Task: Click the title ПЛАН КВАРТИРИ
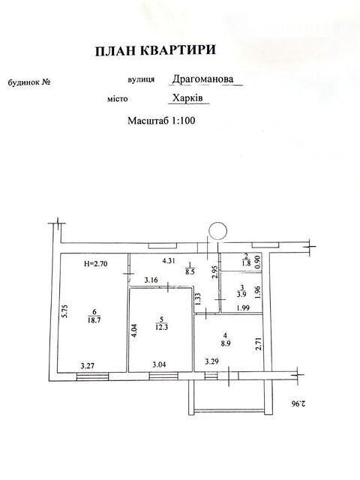[155, 51]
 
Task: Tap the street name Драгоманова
[202, 79]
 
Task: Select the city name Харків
[187, 98]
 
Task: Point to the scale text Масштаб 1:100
[161, 121]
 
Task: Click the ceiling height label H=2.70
[95, 263]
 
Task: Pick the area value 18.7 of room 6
[94, 320]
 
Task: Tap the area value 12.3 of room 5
[162, 327]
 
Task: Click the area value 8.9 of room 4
[225, 343]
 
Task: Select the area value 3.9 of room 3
[241, 295]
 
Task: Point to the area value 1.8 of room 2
[247, 263]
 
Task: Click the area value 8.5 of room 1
[190, 271]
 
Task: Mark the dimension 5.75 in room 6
[65, 310]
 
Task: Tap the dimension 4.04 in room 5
[135, 331]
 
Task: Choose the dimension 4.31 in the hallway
[169, 261]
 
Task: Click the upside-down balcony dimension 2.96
[298, 403]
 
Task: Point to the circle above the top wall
[217, 231]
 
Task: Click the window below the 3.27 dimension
[92, 376]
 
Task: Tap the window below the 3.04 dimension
[163, 376]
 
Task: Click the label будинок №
[29, 82]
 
